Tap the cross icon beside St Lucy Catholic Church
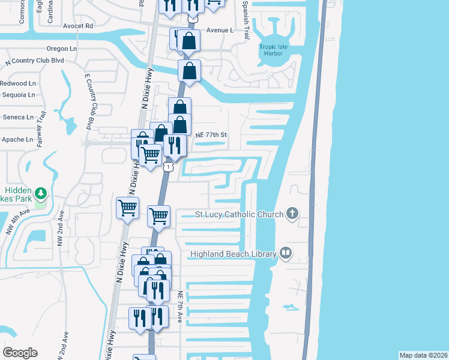point(292,214)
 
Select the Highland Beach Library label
point(233,254)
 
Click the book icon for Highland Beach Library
point(286,253)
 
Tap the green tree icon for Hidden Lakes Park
point(41,193)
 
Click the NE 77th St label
point(211,136)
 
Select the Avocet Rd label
point(78,26)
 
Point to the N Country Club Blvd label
point(34,61)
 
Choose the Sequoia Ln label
point(17,95)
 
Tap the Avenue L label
point(219,30)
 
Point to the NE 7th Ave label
point(179,307)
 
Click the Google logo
point(20,353)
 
